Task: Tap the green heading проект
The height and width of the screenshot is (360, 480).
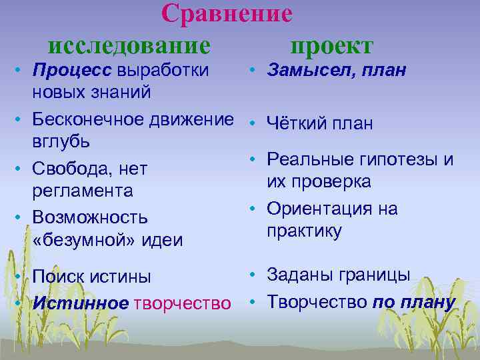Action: coord(332,46)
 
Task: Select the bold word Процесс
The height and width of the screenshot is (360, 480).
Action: coord(72,70)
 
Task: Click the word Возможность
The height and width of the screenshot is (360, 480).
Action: coord(90,218)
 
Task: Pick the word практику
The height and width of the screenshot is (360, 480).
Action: coord(304,231)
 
